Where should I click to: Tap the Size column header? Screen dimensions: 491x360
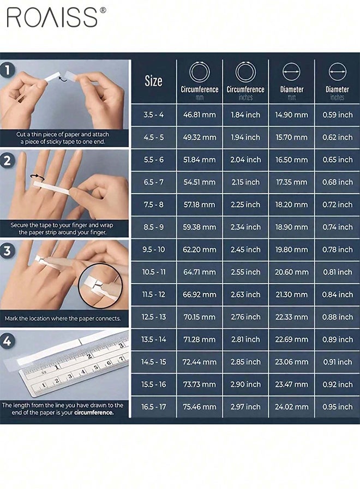[153, 81]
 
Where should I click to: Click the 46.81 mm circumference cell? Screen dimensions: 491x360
[199, 115]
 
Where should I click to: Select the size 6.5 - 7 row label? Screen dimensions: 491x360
[153, 182]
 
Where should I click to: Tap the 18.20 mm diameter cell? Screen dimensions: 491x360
[291, 205]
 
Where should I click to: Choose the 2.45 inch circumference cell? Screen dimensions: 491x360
[245, 249]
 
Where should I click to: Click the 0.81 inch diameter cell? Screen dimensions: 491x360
[337, 272]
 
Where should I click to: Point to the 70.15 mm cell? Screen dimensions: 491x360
[199, 317]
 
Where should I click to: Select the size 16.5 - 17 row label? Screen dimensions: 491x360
[153, 406]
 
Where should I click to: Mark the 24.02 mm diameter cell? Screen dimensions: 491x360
[291, 406]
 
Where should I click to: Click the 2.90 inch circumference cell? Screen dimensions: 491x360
[245, 384]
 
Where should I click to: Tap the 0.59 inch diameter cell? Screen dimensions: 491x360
[337, 115]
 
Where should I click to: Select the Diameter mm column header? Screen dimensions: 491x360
[291, 81]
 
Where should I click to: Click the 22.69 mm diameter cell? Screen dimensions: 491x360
[291, 339]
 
